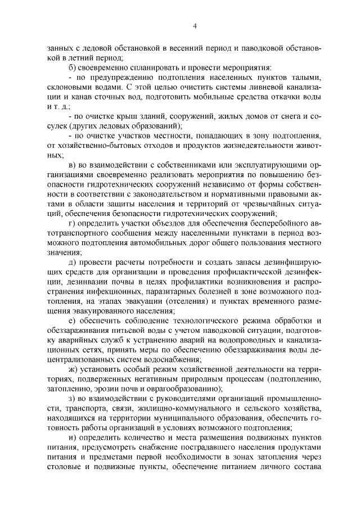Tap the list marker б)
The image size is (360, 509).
pos(71,67)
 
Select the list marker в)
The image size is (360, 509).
pos(71,164)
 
